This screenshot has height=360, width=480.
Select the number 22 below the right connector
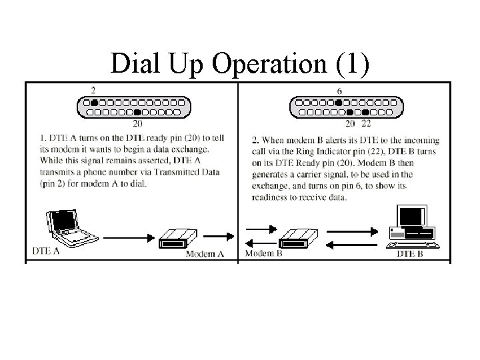pos(366,123)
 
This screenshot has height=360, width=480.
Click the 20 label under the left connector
pos(137,123)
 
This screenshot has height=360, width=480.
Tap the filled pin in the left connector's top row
pos(95,102)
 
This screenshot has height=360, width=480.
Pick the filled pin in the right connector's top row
pos(339,102)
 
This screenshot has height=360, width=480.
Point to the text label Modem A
pos(204,254)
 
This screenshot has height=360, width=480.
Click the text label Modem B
pos(265,254)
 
